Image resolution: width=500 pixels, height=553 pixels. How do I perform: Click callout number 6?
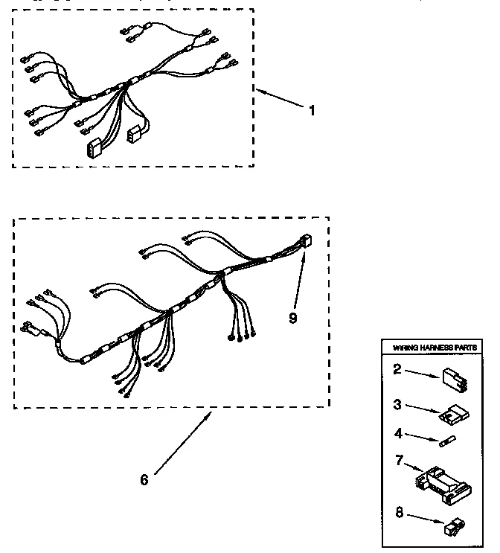pyautogui.click(x=144, y=479)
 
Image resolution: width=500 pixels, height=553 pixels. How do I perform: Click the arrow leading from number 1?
pyautogui.click(x=281, y=100)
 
